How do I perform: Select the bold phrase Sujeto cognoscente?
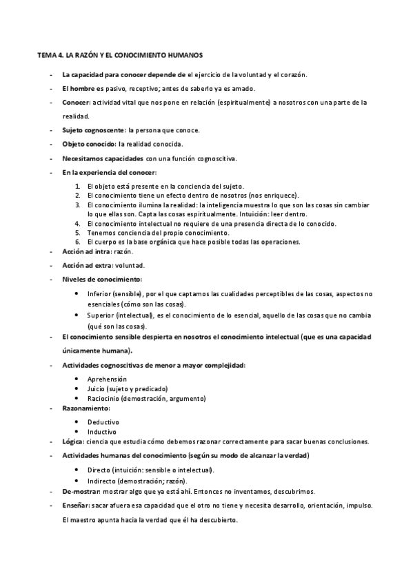[x=88, y=130]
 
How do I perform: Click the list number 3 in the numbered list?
[x=79, y=205]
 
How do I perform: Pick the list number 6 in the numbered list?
[x=79, y=242]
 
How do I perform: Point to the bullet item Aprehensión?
[x=107, y=379]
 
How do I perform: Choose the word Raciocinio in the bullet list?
[x=105, y=398]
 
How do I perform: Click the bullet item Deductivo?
[x=103, y=421]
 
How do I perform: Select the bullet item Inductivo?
[x=102, y=431]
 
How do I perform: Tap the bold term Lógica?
[x=72, y=441]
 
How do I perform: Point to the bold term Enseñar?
[x=75, y=505]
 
